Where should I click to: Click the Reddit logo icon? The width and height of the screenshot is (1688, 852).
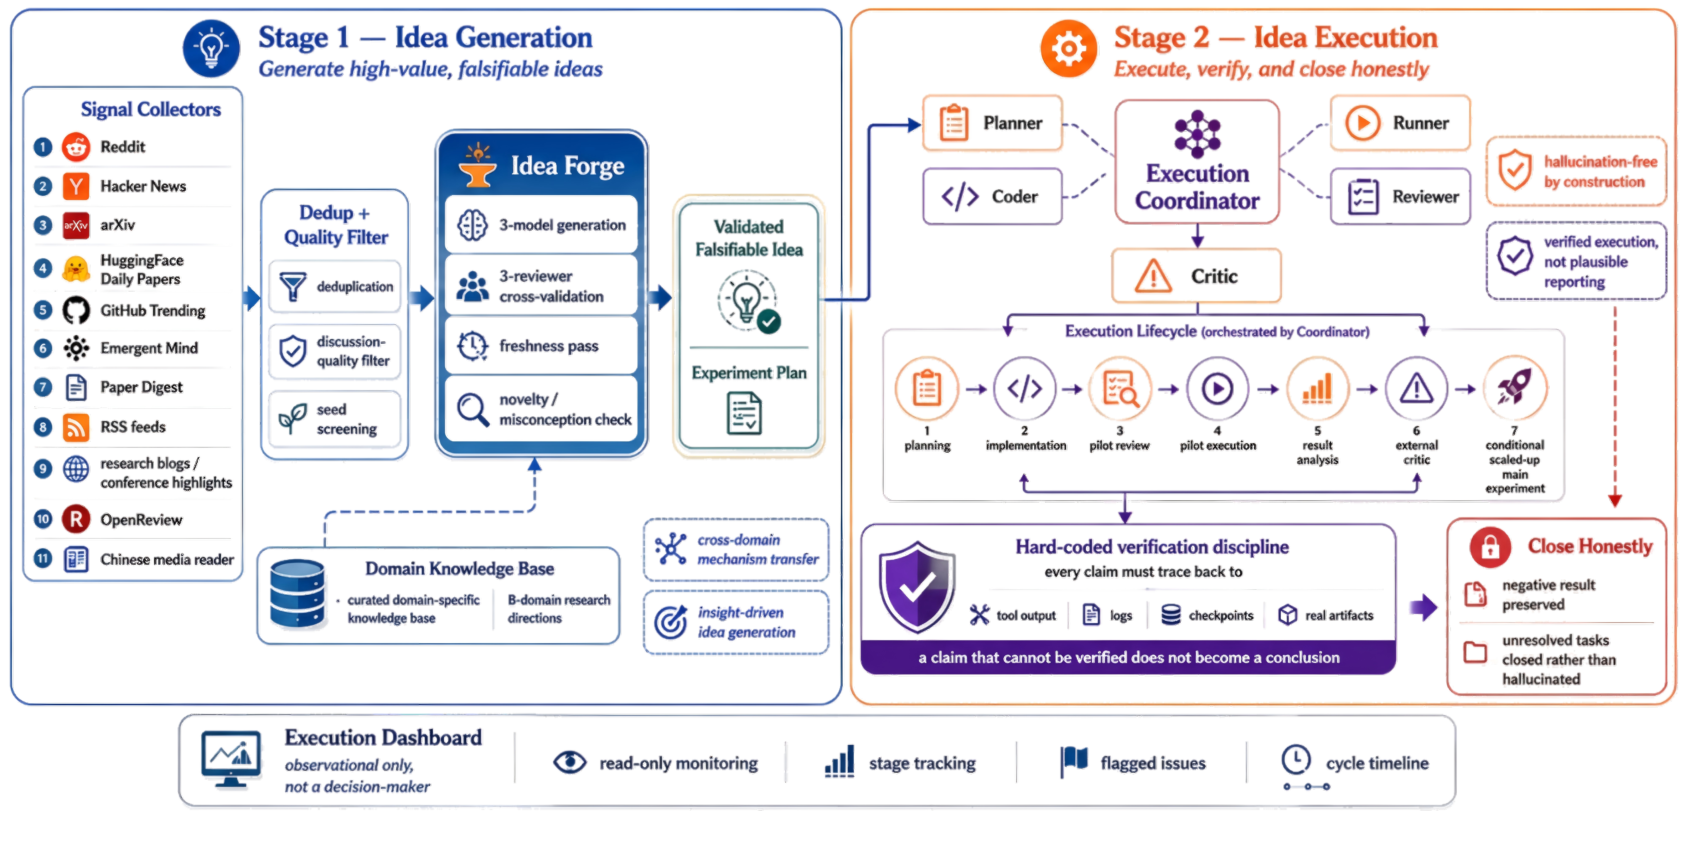coord(76,147)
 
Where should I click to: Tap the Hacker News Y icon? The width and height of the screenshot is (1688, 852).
coord(76,186)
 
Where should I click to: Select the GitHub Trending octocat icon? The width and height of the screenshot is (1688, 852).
coord(76,310)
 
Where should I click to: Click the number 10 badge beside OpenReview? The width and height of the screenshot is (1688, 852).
coord(43,519)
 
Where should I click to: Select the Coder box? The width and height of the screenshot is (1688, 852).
coord(992,196)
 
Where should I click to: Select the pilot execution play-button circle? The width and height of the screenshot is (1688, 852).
coord(1217,389)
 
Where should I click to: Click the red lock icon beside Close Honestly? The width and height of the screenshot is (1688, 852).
coord(1490,547)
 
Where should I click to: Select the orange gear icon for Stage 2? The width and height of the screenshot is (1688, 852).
coord(1069,49)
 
